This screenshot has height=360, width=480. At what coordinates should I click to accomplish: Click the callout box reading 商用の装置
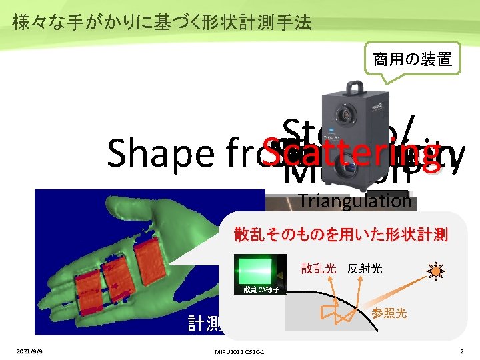click(412, 60)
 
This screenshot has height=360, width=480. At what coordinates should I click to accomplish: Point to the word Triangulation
click(355, 200)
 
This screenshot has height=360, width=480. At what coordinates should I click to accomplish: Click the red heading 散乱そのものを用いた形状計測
click(341, 235)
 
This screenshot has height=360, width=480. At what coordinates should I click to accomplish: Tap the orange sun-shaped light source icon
click(437, 271)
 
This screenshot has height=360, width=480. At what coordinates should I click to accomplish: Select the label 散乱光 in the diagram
click(319, 269)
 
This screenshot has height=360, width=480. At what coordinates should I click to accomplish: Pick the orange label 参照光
click(389, 313)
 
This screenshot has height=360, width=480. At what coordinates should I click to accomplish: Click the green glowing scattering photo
click(256, 269)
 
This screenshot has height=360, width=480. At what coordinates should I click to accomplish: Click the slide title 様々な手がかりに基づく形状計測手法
click(162, 23)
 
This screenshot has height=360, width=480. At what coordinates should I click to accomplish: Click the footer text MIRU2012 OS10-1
click(237, 351)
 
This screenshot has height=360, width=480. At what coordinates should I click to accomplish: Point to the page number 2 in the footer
click(461, 351)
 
